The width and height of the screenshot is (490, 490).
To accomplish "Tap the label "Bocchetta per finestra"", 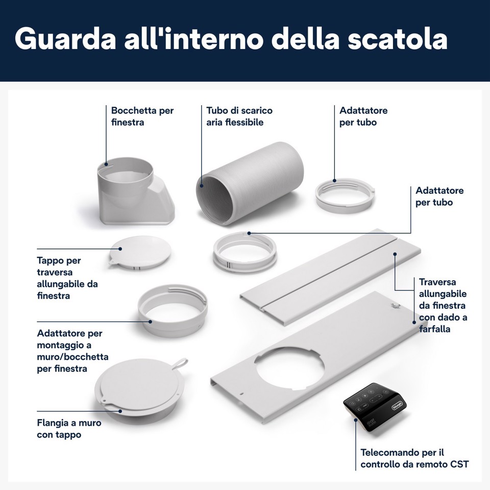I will pyautogui.click(x=142, y=116).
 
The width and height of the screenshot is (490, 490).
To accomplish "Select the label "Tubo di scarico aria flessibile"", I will pyautogui.click(x=239, y=116).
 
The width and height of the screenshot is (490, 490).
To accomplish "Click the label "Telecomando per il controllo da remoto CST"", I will pyautogui.click(x=414, y=458).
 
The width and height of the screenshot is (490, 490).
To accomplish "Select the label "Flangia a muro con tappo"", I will pyautogui.click(x=69, y=429).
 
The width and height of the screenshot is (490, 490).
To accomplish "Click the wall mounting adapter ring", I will pyautogui.click(x=173, y=311).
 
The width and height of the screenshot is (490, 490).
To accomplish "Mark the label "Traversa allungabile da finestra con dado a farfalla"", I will pyautogui.click(x=443, y=305).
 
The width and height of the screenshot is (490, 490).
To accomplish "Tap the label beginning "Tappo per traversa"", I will pyautogui.click(x=67, y=278).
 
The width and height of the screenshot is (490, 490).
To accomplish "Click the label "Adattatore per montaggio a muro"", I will pyautogui.click(x=72, y=351).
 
